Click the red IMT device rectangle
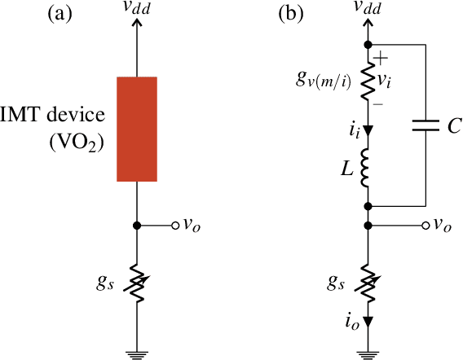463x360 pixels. [x=137, y=130]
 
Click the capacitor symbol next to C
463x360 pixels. [x=426, y=125]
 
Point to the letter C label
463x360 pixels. [x=454, y=125]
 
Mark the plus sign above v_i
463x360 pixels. [x=385, y=59]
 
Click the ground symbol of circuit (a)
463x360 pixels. [x=138, y=353]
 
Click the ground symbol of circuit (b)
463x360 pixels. [x=368, y=353]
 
